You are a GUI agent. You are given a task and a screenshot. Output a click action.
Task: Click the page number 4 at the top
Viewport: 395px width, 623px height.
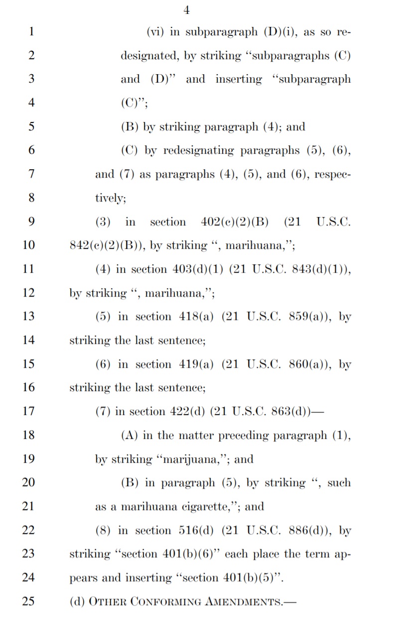[x=187, y=10]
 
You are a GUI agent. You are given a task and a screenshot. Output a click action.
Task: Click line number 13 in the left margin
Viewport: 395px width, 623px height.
[x=28, y=316]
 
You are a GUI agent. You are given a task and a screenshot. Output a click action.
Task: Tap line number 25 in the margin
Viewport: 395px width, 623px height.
[x=28, y=601]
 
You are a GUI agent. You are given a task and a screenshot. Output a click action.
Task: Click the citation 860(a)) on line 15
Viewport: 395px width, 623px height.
[x=310, y=364]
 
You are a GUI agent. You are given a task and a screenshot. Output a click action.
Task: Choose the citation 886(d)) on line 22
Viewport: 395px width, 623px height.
[x=310, y=530]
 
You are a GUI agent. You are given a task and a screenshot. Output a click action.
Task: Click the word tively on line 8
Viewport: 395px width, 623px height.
[x=110, y=198]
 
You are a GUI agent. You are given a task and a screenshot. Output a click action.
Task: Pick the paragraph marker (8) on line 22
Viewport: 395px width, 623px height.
[x=103, y=530]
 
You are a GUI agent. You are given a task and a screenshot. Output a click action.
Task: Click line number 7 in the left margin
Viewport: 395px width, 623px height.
[x=31, y=174]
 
